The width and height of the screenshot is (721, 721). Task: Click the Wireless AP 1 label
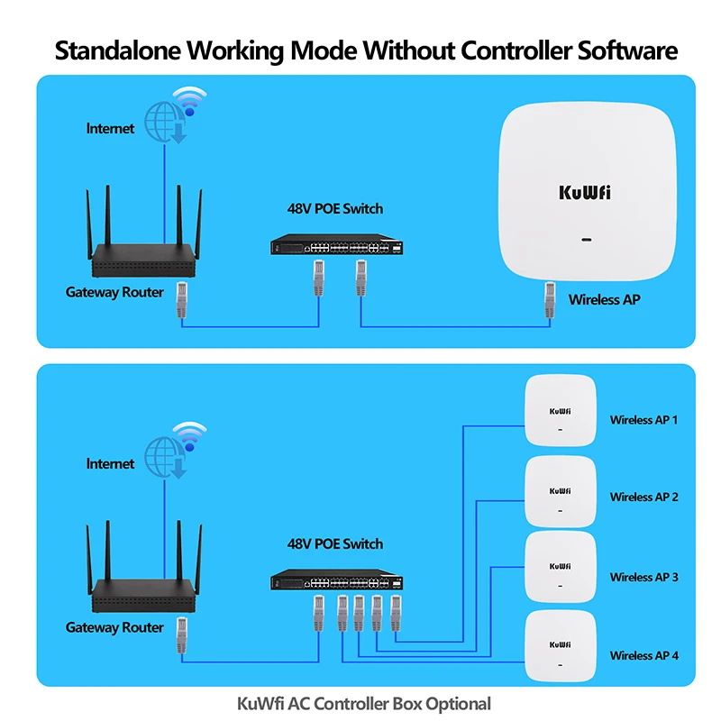click(x=643, y=420)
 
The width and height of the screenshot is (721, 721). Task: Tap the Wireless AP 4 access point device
click(x=560, y=646)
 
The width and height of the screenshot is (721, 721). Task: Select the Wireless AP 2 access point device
click(x=560, y=491)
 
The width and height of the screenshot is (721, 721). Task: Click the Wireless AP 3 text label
click(x=643, y=577)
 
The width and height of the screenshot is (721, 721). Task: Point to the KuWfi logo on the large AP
click(x=585, y=193)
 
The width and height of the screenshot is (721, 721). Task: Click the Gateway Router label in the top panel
click(x=114, y=292)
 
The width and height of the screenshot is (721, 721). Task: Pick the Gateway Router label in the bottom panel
click(x=114, y=627)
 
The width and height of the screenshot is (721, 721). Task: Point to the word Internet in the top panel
click(x=110, y=129)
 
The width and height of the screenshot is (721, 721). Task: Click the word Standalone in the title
click(x=118, y=50)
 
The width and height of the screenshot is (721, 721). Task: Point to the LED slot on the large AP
click(x=586, y=241)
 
